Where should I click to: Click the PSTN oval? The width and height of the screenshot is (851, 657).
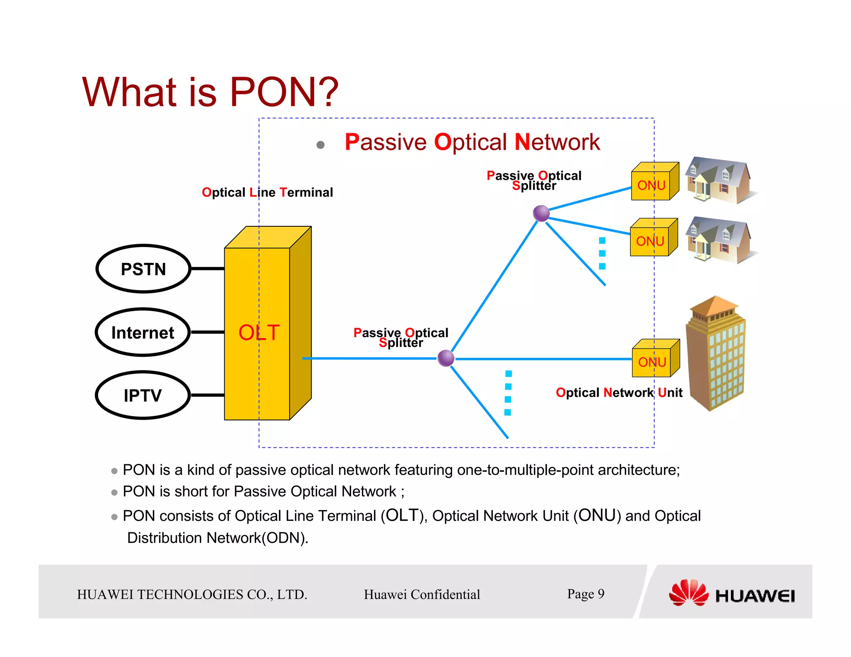pos(143,269)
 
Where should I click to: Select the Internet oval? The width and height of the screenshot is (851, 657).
pos(143,333)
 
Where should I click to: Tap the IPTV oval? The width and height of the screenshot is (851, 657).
pos(143,395)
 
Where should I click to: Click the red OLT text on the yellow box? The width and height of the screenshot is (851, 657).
pos(259,333)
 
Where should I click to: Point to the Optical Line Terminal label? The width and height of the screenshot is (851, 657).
pos(267,192)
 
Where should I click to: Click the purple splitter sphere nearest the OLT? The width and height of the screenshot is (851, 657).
pos(446,358)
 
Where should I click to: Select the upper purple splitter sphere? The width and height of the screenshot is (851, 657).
pos(541,213)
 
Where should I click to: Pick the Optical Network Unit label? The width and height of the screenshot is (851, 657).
pos(619,392)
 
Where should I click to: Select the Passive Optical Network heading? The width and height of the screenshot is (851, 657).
pos(472,142)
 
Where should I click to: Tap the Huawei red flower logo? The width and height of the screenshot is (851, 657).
pos(689,593)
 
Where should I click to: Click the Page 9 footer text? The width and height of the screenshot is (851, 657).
pos(585,593)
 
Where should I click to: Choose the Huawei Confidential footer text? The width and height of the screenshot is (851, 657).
pos(422,594)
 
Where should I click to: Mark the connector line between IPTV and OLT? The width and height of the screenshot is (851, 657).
pos(207,395)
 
